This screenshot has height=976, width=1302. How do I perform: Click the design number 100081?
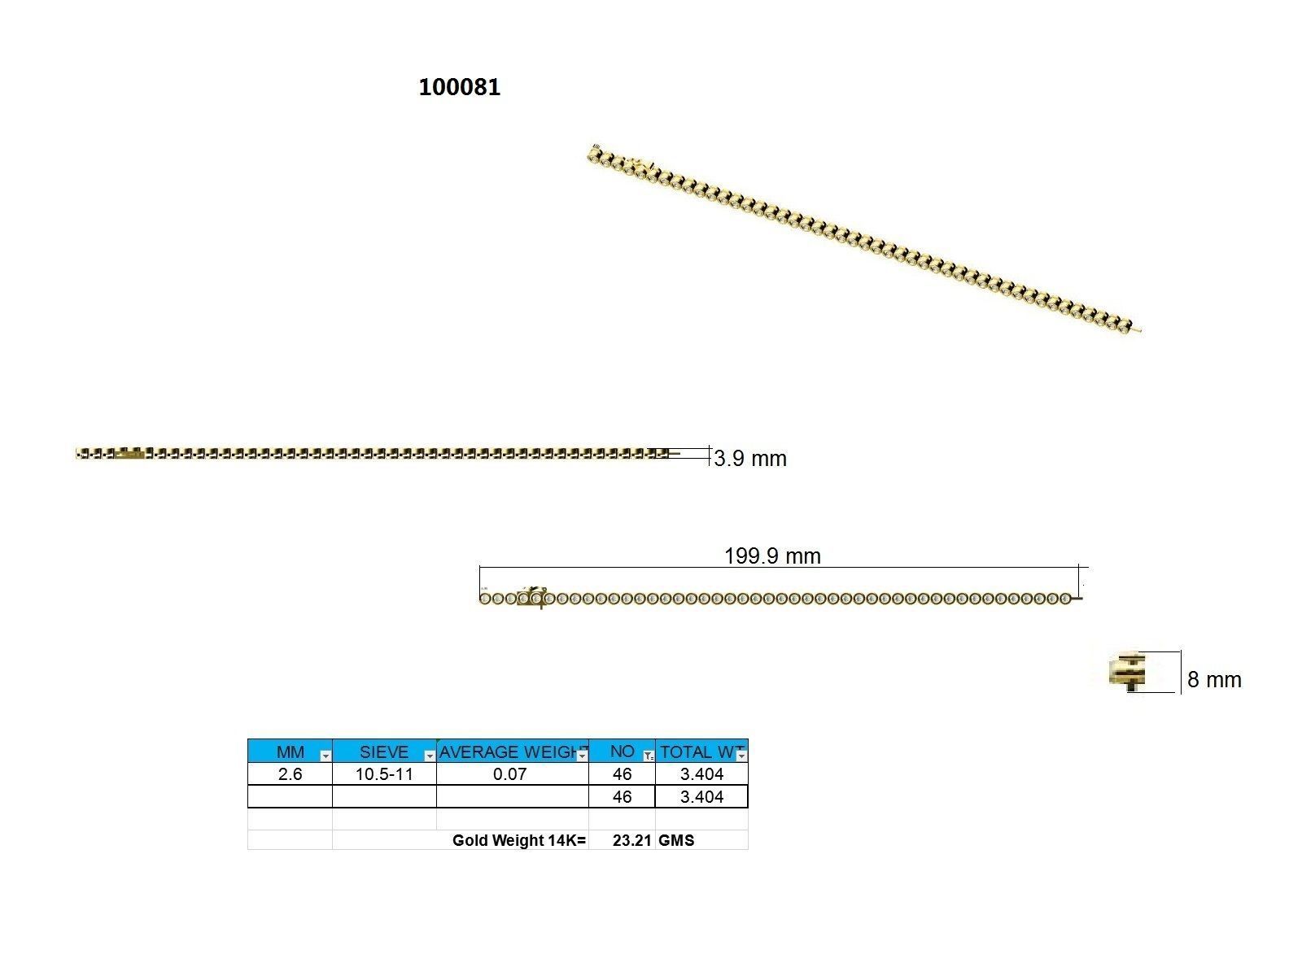459,87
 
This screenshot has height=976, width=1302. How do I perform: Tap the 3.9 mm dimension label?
749,459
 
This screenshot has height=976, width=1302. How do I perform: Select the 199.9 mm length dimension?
772,556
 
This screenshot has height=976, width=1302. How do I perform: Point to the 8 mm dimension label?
1214,680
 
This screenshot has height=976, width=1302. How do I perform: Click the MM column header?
291,752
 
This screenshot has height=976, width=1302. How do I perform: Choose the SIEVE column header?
383,752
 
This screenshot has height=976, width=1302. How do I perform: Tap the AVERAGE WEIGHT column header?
507,752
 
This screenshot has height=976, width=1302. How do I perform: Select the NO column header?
622,752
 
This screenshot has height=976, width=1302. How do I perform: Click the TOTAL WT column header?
697,752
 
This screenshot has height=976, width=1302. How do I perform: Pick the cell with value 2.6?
291,774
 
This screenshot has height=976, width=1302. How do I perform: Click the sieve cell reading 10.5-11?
384,774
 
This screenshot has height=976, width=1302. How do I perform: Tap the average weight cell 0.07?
510,774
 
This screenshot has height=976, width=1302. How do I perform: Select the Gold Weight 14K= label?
518,840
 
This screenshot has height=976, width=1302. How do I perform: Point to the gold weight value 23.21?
631,840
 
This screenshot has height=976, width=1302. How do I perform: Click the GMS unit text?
676,840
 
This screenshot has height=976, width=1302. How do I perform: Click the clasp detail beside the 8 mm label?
1129,673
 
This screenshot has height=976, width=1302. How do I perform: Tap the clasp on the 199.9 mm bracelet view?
533,597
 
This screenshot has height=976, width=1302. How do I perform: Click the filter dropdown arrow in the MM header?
325,756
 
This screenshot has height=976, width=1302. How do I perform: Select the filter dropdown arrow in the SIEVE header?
430,756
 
